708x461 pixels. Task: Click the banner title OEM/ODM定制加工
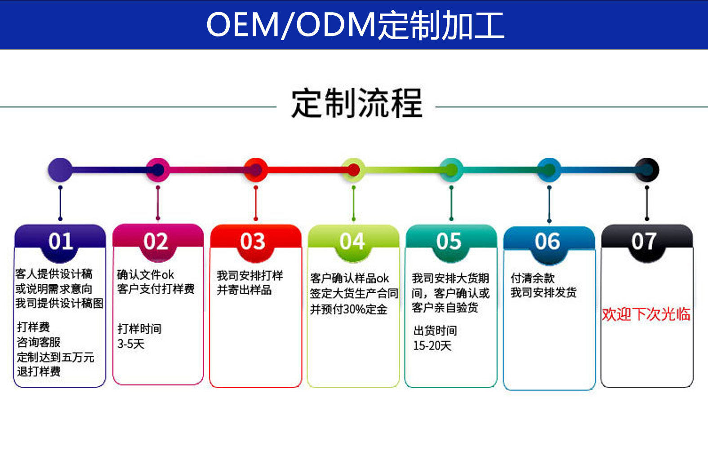[x=355, y=25]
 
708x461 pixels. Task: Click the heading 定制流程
[x=356, y=103]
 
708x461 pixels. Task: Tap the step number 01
[x=61, y=242]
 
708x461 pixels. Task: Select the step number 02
[x=156, y=242]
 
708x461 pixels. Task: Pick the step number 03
[x=253, y=242]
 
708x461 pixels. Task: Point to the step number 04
[x=352, y=242]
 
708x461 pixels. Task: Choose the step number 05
[x=449, y=242]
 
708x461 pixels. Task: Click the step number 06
[x=547, y=242]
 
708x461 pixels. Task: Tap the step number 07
[x=644, y=242]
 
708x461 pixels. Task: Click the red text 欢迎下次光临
[x=646, y=314]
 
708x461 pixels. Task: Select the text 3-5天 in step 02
[x=131, y=344]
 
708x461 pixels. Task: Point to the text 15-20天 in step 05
[x=432, y=346]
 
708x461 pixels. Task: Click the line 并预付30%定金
[x=348, y=309]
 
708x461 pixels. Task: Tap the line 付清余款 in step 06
[x=532, y=278]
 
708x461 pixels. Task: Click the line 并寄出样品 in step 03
[x=244, y=290]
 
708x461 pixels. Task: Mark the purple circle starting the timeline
[x=60, y=170]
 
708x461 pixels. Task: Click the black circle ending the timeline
[x=647, y=170]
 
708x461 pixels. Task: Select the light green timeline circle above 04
[x=354, y=170]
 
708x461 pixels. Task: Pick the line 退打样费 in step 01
[x=39, y=371]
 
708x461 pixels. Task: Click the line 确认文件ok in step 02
[x=145, y=274]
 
